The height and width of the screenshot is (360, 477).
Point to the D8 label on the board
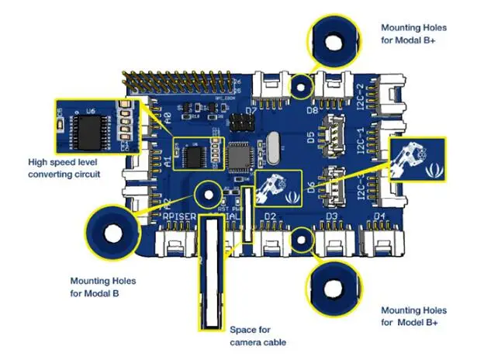tap(313, 111)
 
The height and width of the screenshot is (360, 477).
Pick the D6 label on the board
tap(311, 186)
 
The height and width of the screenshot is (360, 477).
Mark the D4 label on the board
tap(379, 216)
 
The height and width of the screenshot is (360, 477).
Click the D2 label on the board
tap(270, 216)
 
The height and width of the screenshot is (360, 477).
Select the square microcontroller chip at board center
tap(239, 155)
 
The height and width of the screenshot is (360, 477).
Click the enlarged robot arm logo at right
tap(420, 162)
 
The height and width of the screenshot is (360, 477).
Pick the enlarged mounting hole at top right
tap(337, 42)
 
